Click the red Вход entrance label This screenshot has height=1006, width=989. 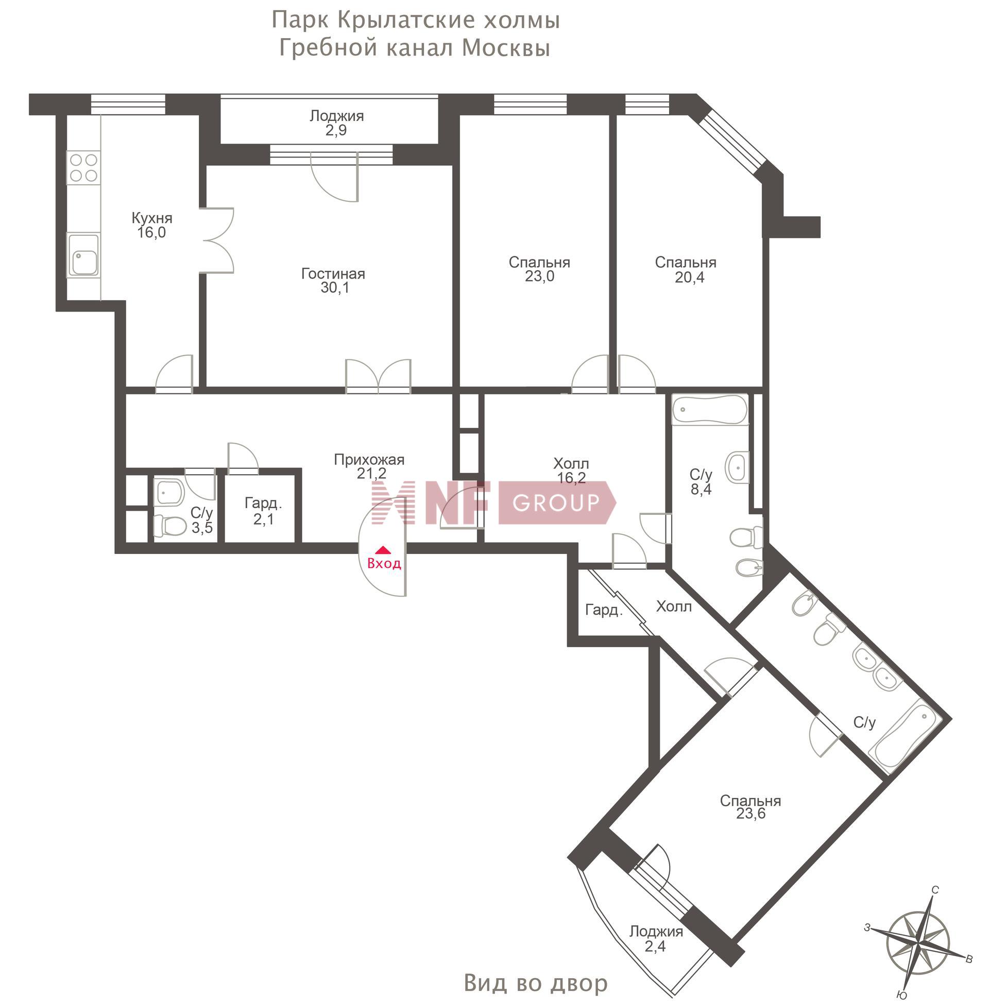[x=384, y=563]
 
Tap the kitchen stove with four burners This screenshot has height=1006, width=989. [x=83, y=168]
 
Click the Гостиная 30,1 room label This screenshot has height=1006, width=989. [x=333, y=280]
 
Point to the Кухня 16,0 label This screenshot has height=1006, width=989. [x=151, y=225]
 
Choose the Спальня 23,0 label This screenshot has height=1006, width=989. [x=539, y=269]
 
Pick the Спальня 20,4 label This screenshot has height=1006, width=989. [x=686, y=269]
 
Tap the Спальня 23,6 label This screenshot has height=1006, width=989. [x=751, y=807]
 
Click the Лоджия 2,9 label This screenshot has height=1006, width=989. [x=336, y=123]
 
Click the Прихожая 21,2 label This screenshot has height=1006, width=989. [x=369, y=466]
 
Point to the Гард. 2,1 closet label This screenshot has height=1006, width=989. [x=263, y=511]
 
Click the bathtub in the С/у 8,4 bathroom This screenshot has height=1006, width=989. [x=709, y=410]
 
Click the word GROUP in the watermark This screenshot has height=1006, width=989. [x=556, y=502]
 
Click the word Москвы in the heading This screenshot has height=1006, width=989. [x=506, y=48]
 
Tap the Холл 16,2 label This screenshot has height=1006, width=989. [x=571, y=470]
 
